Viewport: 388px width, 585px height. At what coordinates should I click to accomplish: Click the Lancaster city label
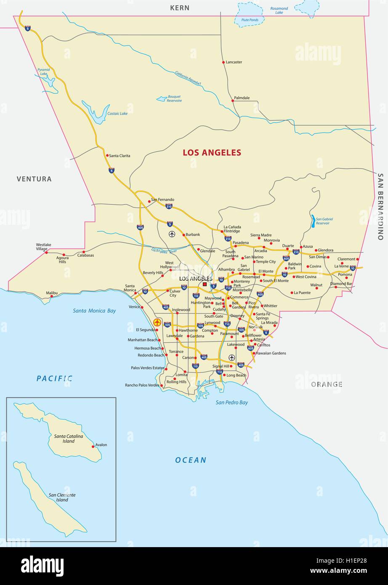tap(234, 62)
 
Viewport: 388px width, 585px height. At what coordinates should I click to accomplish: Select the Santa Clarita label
tap(120, 156)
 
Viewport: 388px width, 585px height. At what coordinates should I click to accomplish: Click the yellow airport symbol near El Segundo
tap(157, 322)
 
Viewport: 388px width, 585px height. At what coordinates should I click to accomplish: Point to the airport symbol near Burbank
tap(172, 234)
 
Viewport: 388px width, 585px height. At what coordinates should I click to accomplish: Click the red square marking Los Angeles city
tap(205, 285)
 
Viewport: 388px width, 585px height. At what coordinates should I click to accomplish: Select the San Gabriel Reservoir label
tap(324, 221)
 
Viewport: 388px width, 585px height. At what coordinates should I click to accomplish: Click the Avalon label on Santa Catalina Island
tap(101, 445)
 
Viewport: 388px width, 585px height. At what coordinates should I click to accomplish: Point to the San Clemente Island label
tap(62, 497)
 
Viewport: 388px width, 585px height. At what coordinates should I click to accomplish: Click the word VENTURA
tap(34, 179)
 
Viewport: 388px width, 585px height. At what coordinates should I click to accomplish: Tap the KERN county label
tap(180, 8)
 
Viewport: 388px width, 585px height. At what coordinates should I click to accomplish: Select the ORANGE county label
tap(327, 384)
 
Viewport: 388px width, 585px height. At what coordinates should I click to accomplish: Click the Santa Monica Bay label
tap(94, 311)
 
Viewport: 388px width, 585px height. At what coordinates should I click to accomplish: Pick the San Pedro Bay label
tap(232, 402)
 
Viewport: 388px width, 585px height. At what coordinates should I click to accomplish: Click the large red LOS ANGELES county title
tap(212, 152)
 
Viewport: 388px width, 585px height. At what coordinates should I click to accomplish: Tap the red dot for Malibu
tap(52, 296)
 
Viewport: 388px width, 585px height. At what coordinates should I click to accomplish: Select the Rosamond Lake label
tap(279, 11)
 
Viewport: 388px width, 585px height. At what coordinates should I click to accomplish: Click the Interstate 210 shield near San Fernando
tap(169, 206)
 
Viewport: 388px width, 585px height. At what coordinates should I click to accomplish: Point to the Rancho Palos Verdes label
tap(142, 385)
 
